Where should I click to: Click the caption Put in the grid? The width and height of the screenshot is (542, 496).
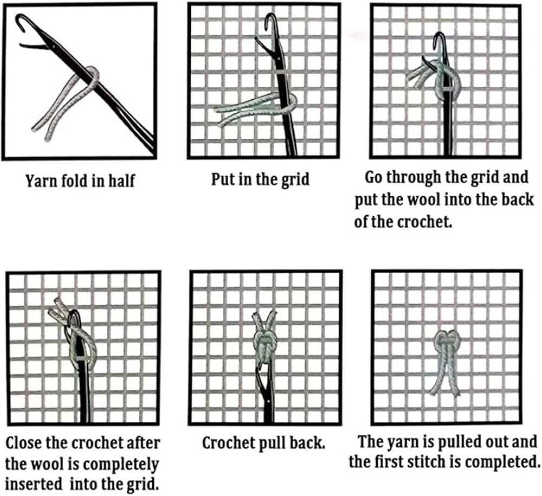[260, 179]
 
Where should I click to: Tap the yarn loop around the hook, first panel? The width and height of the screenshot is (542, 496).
[92, 75]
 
